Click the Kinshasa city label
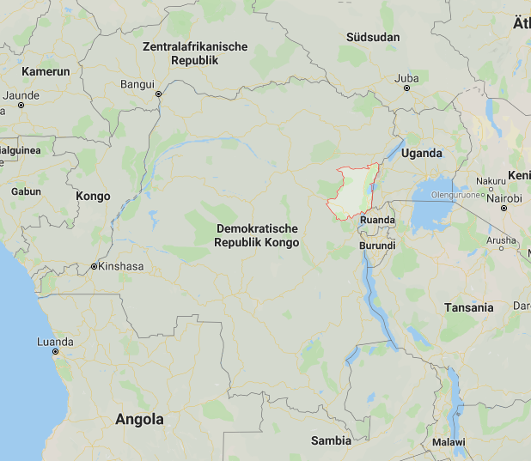tap(121, 266)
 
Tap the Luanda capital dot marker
tap(55, 352)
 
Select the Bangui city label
tap(137, 84)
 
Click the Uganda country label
tap(421, 154)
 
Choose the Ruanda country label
tap(378, 220)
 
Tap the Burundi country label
tap(377, 246)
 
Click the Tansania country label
tap(469, 307)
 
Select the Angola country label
tap(139, 420)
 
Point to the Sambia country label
tap(331, 440)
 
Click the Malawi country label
tap(449, 442)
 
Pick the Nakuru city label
tap(491, 181)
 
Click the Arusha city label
tap(501, 241)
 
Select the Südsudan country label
tap(374, 38)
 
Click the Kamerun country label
tap(46, 71)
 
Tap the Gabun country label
tap(26, 191)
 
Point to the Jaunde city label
tap(22, 95)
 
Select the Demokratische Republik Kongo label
tap(258, 235)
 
